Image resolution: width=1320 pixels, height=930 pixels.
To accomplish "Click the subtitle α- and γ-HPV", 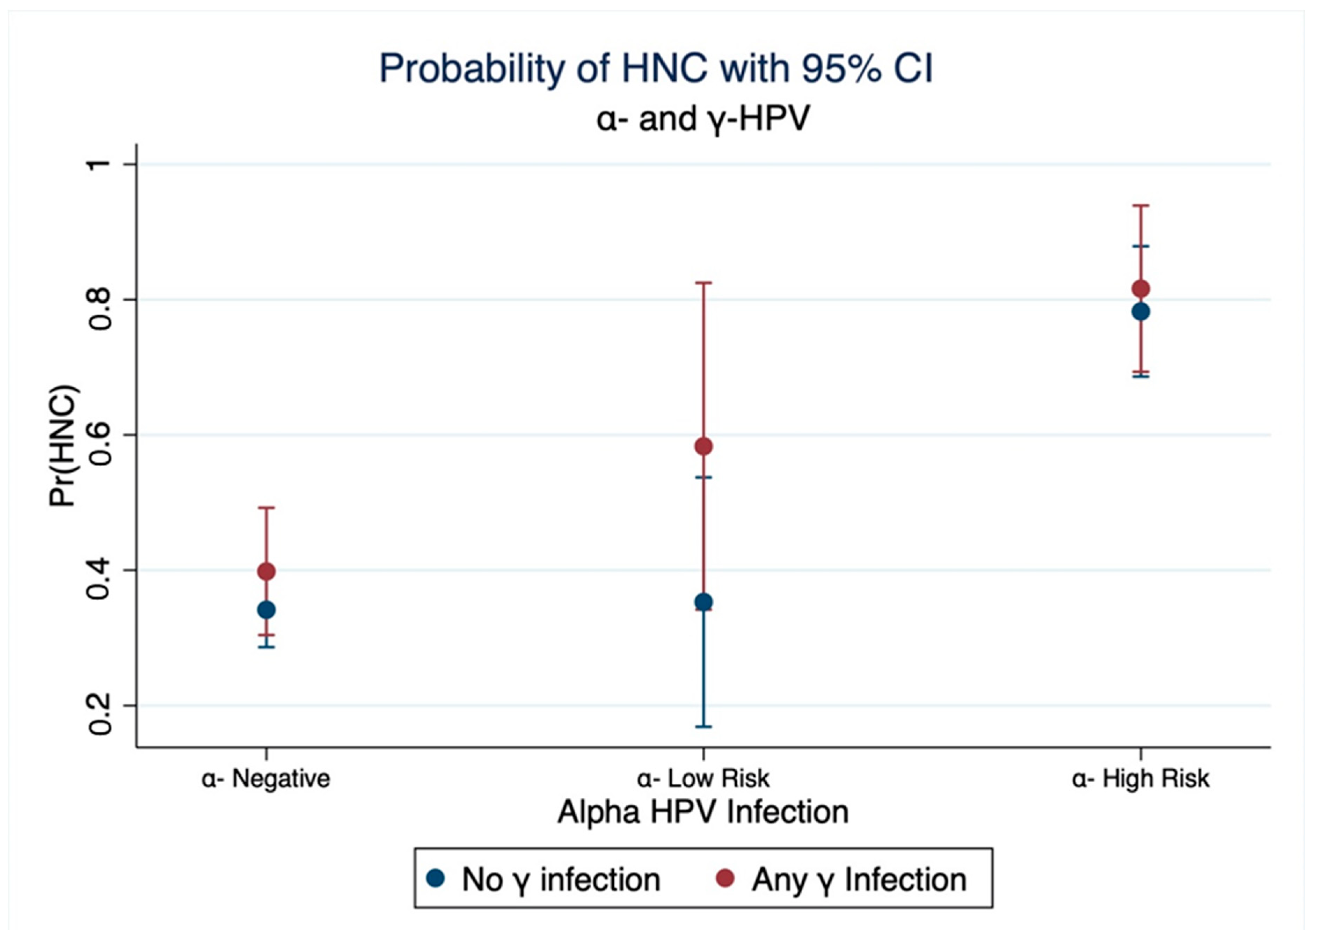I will pos(702,119).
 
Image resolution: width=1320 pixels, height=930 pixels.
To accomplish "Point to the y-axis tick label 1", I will pos(99,164).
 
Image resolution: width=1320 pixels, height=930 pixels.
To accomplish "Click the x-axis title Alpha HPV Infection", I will pos(702,812).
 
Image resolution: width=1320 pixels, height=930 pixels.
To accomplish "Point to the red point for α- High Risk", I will pos(1140,288).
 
